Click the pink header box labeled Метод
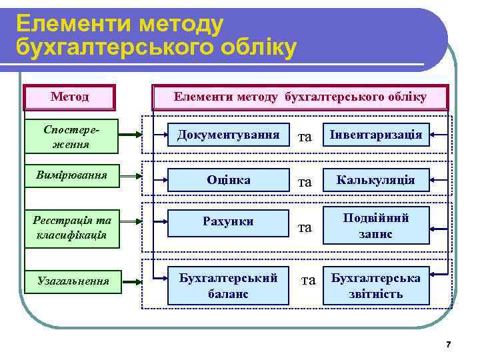pos(70,97)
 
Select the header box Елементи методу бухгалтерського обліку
pos(300,97)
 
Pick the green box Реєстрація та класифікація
pos(71,227)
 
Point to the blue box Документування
pos(228,135)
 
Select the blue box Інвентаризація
pos(376,135)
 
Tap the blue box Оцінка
pos(228,180)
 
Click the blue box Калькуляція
pos(376,180)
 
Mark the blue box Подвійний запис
pos(376,226)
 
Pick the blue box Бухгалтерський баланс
pos(228,285)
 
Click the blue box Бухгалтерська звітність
pos(376,285)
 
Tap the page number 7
pos(448,345)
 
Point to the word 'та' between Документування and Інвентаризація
pos(305,137)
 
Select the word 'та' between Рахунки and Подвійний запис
pos(305,227)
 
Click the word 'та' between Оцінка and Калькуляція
pos(305,182)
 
